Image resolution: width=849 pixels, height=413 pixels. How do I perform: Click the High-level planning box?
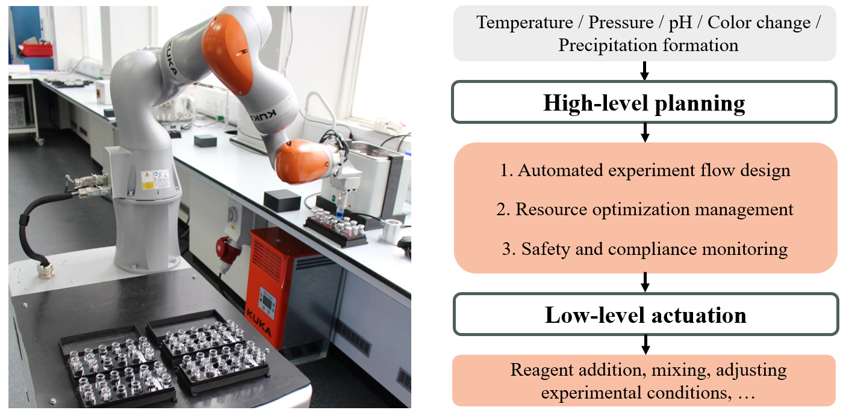[x=644, y=102]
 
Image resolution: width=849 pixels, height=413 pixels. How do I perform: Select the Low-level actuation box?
[x=646, y=314]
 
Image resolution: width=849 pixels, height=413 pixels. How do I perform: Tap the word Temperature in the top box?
[x=524, y=22]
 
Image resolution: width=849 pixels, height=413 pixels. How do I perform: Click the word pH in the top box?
[x=680, y=23]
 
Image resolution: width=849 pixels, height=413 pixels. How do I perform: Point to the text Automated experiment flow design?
[x=645, y=170]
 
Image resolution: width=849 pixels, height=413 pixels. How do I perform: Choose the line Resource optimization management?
[x=645, y=209]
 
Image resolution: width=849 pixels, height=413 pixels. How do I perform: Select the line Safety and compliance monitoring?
[x=645, y=249]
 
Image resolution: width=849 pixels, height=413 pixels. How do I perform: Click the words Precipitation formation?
[x=648, y=46]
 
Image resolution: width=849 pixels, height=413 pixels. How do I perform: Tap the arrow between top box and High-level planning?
[x=644, y=71]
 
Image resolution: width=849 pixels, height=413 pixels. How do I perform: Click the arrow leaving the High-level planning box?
[x=645, y=132]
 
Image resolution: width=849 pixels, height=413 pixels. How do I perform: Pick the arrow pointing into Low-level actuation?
[x=645, y=283]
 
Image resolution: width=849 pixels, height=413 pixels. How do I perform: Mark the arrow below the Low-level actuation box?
[x=646, y=345]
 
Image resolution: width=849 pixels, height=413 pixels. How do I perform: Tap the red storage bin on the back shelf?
[x=37, y=50]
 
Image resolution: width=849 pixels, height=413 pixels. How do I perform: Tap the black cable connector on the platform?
[x=45, y=269]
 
